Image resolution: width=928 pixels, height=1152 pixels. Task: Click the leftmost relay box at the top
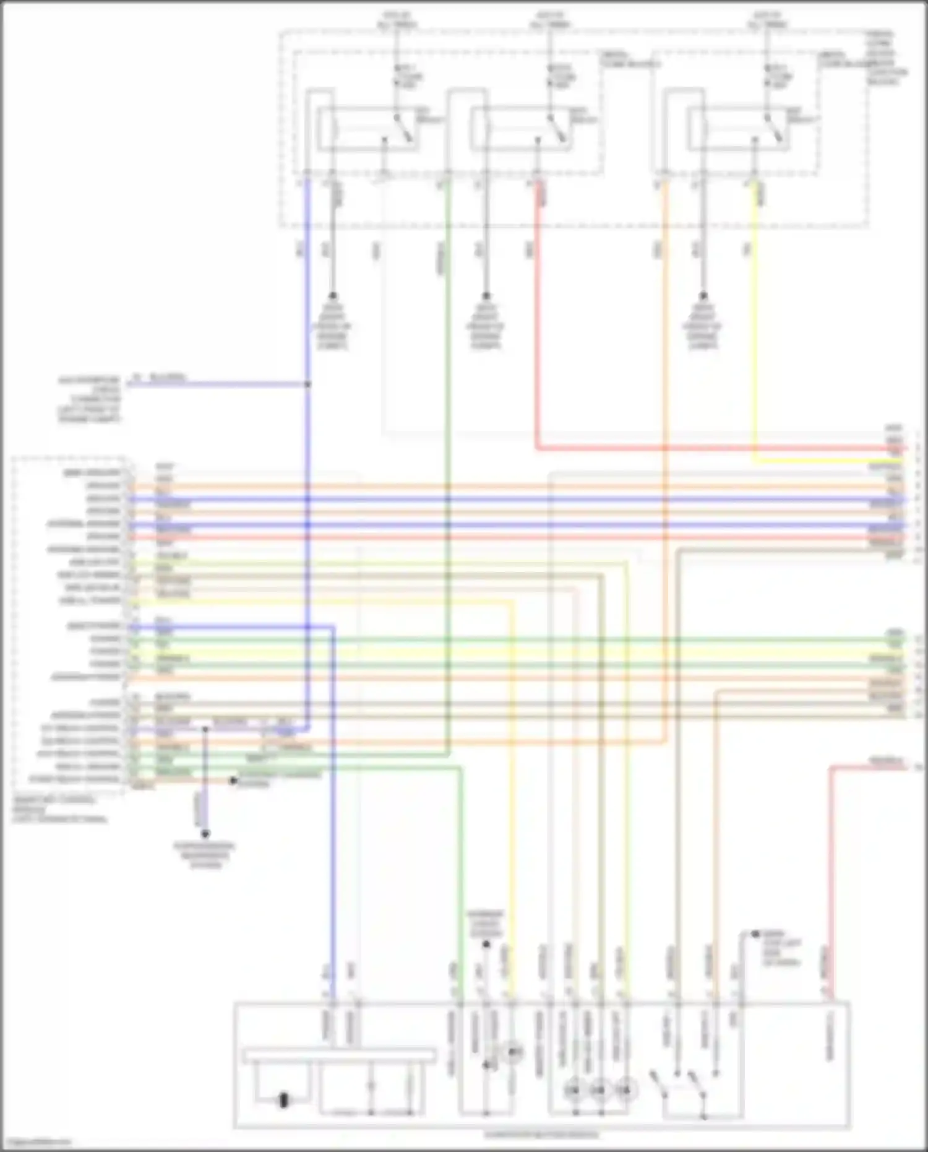369,129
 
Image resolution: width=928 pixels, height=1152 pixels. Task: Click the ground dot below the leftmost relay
333,296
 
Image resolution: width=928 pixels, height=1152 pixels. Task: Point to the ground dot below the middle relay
486,296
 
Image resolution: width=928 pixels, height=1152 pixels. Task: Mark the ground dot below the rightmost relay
703,296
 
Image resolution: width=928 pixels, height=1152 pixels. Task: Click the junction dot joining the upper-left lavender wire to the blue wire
307,384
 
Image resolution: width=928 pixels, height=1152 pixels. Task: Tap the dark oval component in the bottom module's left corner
284,1100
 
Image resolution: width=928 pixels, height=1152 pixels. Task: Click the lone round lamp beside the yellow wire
512,1052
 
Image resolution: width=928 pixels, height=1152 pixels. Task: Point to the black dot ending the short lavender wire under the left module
205,834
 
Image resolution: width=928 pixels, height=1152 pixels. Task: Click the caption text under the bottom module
541,1135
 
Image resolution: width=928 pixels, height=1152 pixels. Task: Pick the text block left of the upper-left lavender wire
90,399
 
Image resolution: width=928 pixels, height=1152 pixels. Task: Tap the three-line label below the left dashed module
60,809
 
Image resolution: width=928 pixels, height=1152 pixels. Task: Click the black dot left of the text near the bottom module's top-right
755,933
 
